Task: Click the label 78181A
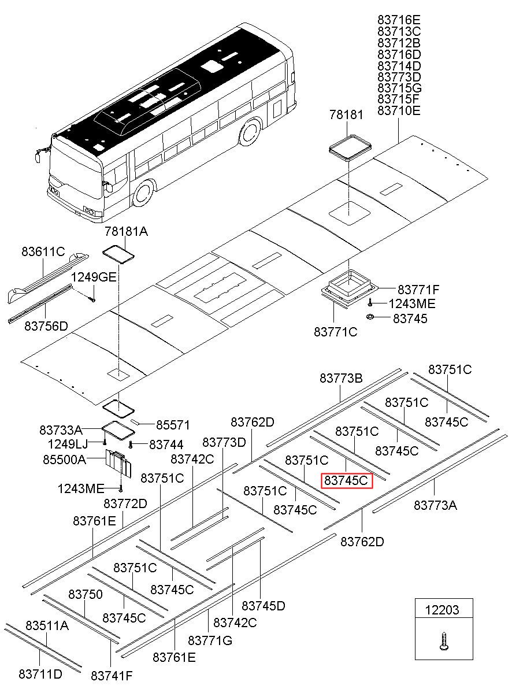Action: tap(126, 231)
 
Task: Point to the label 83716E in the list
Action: tap(399, 20)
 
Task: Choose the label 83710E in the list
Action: tap(399, 110)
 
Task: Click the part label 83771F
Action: tap(418, 290)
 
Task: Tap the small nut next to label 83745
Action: tap(370, 317)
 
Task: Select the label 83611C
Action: tap(43, 251)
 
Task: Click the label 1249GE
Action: tap(94, 277)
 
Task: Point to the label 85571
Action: tap(173, 425)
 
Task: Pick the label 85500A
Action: tap(64, 460)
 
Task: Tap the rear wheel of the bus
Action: tap(250, 132)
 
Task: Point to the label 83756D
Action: tap(46, 326)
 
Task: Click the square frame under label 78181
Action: tap(350, 147)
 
